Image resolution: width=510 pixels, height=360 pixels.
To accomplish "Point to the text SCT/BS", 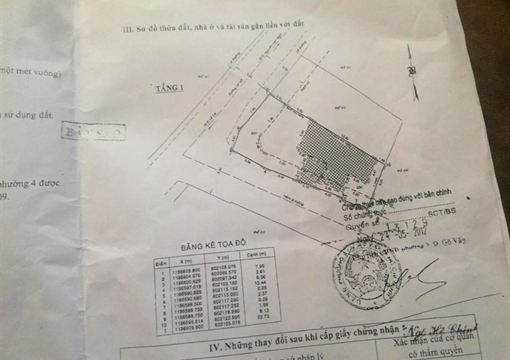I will coord(433,212).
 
